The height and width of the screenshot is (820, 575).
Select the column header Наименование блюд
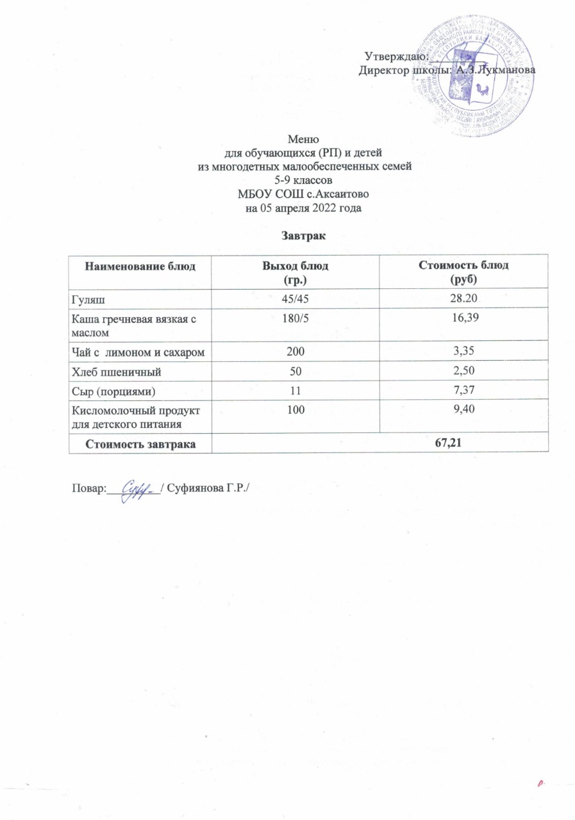point(139,266)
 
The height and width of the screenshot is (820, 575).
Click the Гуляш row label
point(88,299)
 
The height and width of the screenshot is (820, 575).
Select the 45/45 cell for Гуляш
point(294,299)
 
